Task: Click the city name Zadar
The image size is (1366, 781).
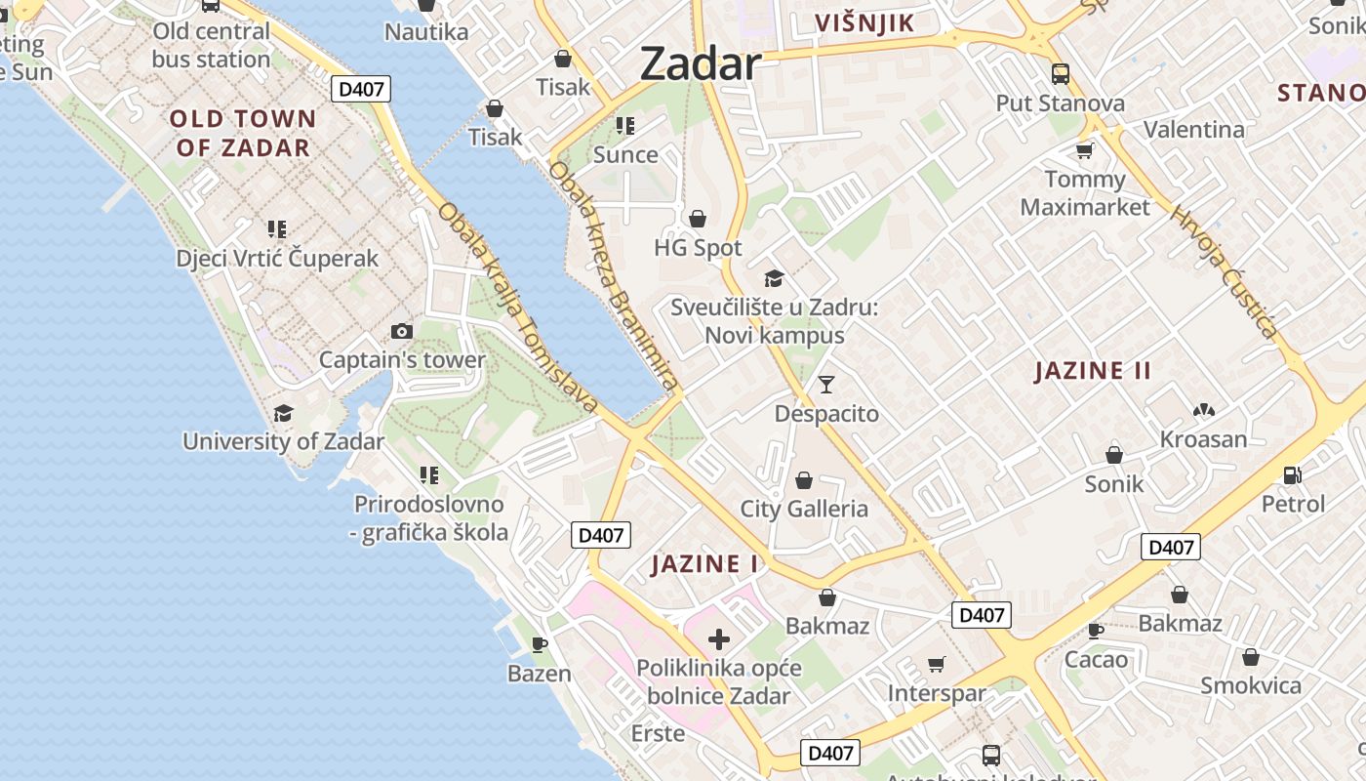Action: click(x=700, y=64)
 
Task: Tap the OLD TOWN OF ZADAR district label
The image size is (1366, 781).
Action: click(x=243, y=134)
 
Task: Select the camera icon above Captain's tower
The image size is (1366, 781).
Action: click(x=401, y=332)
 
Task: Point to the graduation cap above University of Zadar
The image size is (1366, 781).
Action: click(x=283, y=413)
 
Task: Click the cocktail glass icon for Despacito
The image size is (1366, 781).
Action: click(x=826, y=385)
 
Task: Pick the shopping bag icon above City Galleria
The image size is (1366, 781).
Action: click(x=803, y=480)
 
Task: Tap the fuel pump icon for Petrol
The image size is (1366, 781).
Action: click(x=1293, y=475)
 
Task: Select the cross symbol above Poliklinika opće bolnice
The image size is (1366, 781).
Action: click(x=719, y=639)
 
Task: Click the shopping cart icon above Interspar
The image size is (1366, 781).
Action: click(x=936, y=665)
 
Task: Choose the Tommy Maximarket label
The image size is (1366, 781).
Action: click(x=1085, y=193)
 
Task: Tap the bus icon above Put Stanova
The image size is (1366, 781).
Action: click(x=1060, y=74)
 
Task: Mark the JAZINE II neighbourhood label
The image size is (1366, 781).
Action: click(x=1093, y=371)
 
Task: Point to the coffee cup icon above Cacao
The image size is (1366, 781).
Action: click(x=1096, y=631)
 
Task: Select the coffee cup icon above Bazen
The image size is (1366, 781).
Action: click(x=539, y=644)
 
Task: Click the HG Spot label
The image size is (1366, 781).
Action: click(x=698, y=248)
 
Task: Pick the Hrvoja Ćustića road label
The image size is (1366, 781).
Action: click(x=1224, y=271)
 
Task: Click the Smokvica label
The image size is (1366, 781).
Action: click(x=1251, y=685)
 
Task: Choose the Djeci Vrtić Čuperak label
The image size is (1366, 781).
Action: click(x=277, y=259)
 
